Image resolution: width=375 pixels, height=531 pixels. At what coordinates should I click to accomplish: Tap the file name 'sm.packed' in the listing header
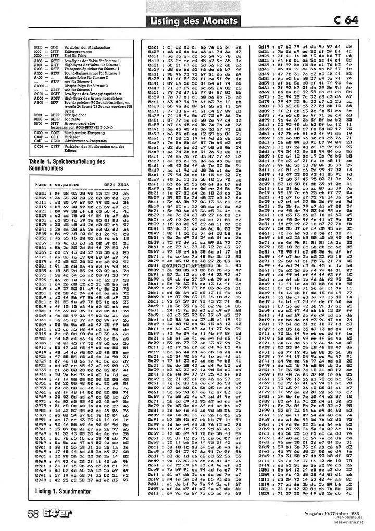tap(66, 184)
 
